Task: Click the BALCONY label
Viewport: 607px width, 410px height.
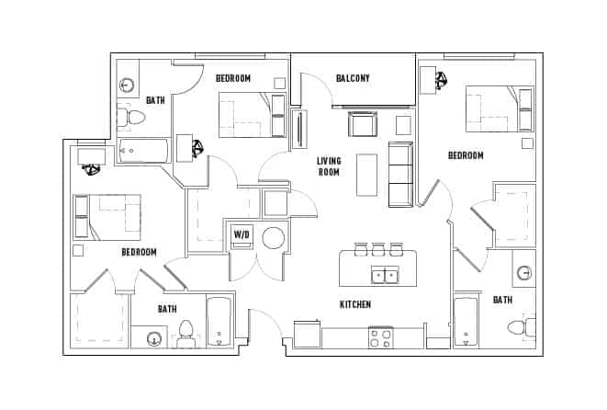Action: [353, 78]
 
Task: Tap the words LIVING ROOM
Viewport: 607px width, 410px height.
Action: [329, 166]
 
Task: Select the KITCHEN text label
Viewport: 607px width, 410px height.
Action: [355, 304]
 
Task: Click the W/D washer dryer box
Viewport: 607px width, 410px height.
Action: [242, 233]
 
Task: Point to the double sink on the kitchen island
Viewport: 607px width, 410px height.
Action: [384, 274]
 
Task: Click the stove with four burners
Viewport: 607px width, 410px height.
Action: [380, 337]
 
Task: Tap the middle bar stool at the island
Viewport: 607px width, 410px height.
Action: [377, 248]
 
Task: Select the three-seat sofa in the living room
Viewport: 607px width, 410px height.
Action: [400, 174]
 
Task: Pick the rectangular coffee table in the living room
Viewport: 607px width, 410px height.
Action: [366, 174]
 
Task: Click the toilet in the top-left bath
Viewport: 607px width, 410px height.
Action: [133, 118]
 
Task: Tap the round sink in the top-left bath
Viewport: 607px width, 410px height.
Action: [128, 85]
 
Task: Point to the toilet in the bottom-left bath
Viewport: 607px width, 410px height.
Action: [186, 332]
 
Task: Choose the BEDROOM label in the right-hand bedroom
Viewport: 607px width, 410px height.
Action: [466, 155]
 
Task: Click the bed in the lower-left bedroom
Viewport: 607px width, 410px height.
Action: [108, 217]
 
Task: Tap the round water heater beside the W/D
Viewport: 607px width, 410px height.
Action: [274, 238]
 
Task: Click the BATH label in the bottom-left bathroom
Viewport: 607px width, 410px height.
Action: [167, 309]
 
